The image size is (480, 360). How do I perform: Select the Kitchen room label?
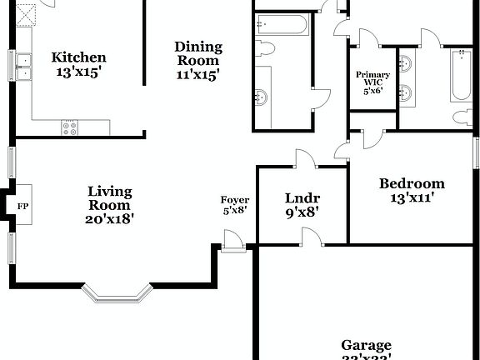pos(79,57)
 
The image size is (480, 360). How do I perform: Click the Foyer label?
pos(235,200)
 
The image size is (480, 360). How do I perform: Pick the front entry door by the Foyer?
pos(235,246)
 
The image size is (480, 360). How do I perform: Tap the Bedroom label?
pos(412,184)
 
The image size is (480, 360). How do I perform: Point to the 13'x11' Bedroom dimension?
pos(412,198)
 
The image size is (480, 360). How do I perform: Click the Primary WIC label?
pos(372,80)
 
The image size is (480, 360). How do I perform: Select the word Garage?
pos(366,345)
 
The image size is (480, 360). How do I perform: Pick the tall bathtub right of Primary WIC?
pos(461,76)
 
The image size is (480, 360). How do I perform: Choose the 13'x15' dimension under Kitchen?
pos(78,72)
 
